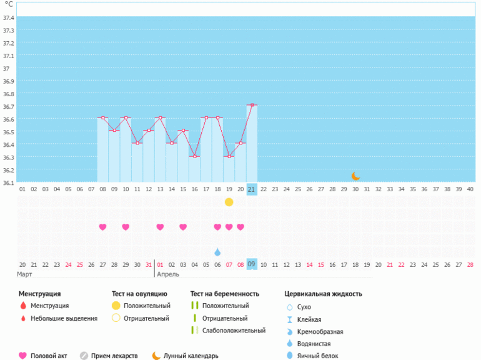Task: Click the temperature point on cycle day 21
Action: pos(252,105)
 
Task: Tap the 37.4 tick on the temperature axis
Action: pos(8,17)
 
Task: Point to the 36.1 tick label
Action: pos(8,182)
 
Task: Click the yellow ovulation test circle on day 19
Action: pos(229,202)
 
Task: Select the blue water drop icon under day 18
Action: pos(217,252)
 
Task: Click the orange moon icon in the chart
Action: pos(355,176)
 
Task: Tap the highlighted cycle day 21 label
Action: pos(252,189)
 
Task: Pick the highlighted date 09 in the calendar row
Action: pos(252,264)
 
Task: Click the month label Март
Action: pos(25,274)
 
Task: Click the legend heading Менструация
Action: pos(39,293)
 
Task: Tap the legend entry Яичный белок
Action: pos(318,356)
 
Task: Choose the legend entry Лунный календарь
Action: pos(191,356)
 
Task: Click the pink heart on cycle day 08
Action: pos(103,227)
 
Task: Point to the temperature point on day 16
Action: pos(194,156)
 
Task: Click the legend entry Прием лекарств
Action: pos(114,356)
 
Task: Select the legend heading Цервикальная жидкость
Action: pos(323,293)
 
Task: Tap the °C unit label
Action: pos(9,4)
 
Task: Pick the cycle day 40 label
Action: pos(470,189)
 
